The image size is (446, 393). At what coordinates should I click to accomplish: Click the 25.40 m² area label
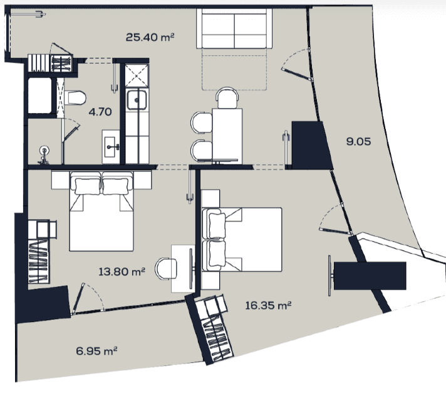pos(150,37)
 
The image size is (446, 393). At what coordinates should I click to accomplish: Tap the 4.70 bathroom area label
pos(100,112)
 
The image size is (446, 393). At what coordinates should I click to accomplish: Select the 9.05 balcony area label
pos(358,141)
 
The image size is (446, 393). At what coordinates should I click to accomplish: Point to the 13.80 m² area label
pos(122,272)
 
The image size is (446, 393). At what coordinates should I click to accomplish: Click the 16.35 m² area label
pos(268,306)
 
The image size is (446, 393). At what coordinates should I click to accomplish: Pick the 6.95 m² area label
pos(96,351)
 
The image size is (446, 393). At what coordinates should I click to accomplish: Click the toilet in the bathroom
pos(75,98)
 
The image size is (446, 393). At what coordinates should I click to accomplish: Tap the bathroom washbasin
pos(111,147)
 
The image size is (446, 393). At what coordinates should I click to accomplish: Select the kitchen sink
pos(137,100)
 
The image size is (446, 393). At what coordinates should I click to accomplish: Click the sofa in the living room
pos(234,28)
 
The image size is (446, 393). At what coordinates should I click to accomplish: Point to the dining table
pos(227,136)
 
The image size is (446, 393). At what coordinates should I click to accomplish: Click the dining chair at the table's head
pos(227,97)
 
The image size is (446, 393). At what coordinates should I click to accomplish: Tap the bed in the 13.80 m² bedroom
pos(101,211)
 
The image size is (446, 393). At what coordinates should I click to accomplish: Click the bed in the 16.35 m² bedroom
pos(242,239)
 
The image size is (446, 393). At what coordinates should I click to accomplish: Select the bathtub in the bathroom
pos(40,95)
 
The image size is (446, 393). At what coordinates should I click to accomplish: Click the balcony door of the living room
pos(297,66)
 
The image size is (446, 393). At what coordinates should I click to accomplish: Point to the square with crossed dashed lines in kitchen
pos(137,76)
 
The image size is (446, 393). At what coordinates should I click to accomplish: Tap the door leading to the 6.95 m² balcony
pos(88,298)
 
